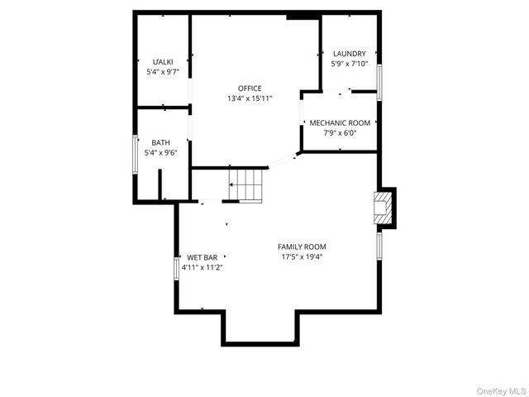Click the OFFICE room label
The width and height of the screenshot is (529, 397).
tap(250, 88)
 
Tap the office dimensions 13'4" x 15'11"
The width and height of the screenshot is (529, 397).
tap(250, 98)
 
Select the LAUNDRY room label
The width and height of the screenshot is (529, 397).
tap(349, 54)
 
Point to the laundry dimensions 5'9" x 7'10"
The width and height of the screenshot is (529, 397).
tap(349, 64)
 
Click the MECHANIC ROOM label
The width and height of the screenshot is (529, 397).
tap(340, 123)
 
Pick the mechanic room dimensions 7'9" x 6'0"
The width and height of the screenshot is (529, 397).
tap(340, 133)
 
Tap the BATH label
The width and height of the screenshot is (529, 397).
tap(160, 142)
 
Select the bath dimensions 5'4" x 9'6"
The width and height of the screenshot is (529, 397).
tap(160, 152)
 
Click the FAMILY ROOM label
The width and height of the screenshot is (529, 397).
tap(302, 246)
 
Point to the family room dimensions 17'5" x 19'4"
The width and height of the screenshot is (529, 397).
tap(302, 256)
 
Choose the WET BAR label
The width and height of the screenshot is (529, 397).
tap(202, 257)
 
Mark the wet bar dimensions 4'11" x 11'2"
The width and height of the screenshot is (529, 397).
tap(202, 267)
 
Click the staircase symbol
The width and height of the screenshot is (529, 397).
tap(247, 184)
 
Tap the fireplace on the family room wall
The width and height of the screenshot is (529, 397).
tap(384, 208)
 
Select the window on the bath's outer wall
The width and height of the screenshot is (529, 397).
tap(136, 152)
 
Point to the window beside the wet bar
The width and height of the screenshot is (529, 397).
tap(175, 268)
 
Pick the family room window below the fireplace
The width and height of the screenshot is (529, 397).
tap(379, 245)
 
